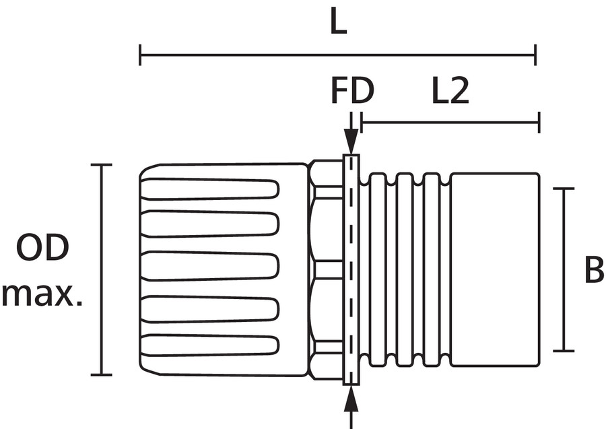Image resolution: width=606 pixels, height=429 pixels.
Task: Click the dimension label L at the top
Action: tap(338, 24)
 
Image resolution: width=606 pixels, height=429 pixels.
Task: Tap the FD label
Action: tap(351, 92)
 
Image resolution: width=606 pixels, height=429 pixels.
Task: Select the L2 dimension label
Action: tap(450, 92)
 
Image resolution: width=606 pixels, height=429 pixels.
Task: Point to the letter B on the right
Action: tap(593, 271)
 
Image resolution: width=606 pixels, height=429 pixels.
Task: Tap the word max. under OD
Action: tap(42, 294)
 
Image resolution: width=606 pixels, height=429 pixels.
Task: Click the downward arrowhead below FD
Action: tap(351, 142)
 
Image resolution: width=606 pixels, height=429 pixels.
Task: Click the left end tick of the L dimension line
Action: tap(140, 55)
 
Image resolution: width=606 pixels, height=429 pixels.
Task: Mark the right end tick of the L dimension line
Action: tap(535, 55)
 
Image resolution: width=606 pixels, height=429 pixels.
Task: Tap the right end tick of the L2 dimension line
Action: tap(539, 123)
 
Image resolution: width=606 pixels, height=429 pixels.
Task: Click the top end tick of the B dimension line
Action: tap(564, 189)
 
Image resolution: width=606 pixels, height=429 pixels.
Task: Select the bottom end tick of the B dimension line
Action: tap(564, 351)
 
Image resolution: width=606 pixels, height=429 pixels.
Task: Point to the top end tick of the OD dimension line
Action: tap(101, 164)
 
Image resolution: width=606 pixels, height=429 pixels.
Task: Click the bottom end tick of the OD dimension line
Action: tap(101, 374)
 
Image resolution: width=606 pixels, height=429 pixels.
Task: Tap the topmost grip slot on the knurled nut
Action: tap(210, 189)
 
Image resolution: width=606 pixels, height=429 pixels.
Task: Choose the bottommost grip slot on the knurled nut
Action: tap(210, 345)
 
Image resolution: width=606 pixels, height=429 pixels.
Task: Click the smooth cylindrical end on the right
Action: tap(494, 269)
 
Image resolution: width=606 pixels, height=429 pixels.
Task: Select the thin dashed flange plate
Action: tap(351, 269)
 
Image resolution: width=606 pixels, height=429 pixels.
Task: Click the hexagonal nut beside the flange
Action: tap(326, 269)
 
